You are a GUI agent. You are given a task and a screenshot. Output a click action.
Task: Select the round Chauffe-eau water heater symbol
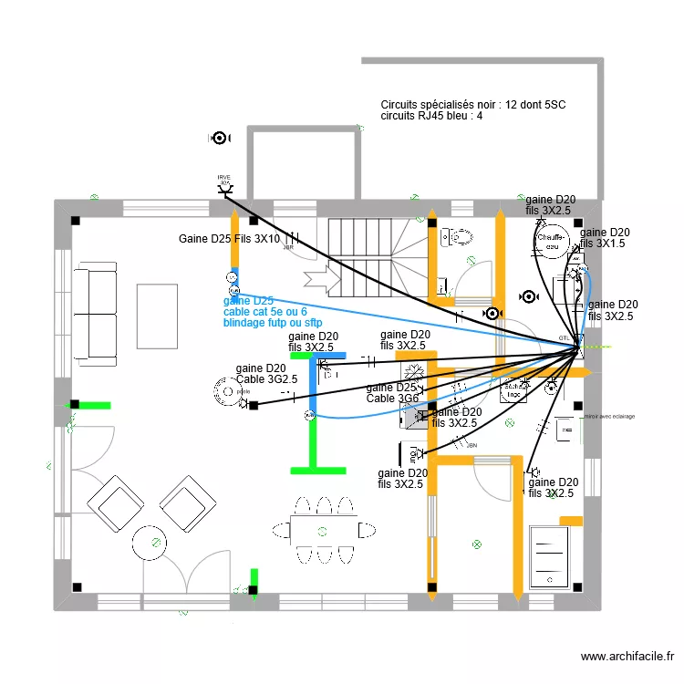tap(552, 240)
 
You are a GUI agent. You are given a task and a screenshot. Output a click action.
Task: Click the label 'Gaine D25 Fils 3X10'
tap(229, 240)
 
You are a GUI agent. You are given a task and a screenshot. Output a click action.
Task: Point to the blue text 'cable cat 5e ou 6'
tap(264, 312)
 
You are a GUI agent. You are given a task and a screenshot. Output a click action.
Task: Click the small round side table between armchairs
tap(149, 544)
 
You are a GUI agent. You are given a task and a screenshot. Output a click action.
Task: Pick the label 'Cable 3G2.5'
tap(267, 379)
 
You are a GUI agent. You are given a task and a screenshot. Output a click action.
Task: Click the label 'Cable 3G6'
tap(392, 399)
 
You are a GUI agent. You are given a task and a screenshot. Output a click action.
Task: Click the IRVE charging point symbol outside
tap(224, 188)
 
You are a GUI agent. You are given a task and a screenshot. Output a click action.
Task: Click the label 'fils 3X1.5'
tap(603, 244)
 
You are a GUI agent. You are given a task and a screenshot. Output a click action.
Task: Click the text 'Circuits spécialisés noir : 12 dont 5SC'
tap(473, 105)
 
